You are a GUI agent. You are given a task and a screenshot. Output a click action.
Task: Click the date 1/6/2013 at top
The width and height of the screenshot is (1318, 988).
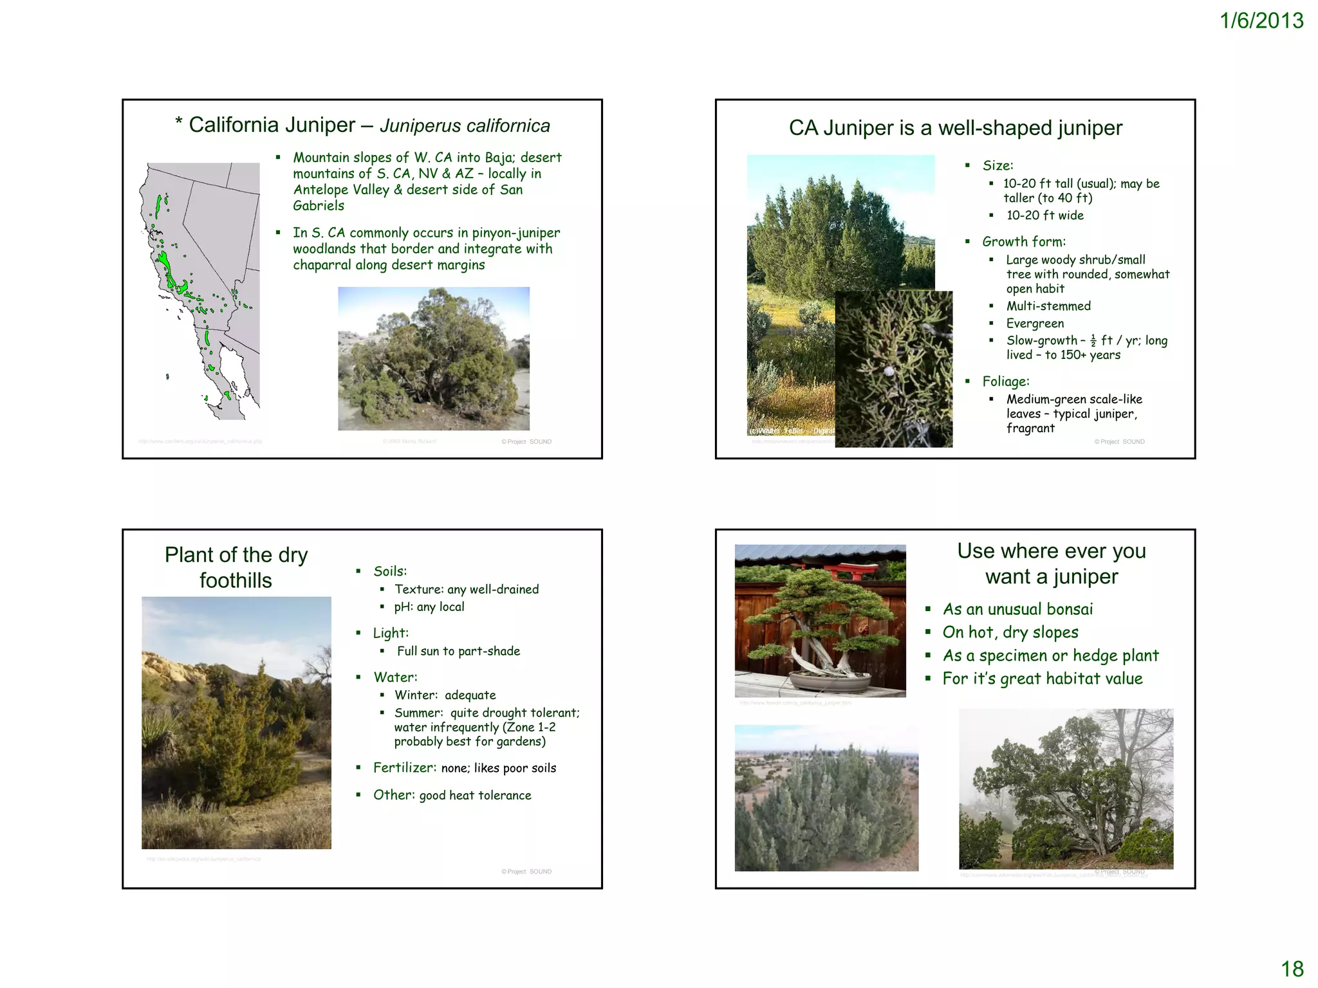pyautogui.click(x=1261, y=21)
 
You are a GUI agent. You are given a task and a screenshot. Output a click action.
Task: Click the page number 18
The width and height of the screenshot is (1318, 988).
pyautogui.click(x=1292, y=969)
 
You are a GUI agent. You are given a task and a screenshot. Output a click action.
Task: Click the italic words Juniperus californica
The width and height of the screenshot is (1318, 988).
pyautogui.click(x=465, y=125)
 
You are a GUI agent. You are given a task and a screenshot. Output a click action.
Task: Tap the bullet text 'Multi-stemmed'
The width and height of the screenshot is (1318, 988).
pyautogui.click(x=1048, y=306)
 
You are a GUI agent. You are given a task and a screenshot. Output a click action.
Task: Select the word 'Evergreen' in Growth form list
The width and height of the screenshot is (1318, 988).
pyautogui.click(x=1035, y=324)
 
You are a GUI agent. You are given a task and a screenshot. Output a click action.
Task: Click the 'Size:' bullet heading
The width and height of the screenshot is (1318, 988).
pyautogui.click(x=998, y=165)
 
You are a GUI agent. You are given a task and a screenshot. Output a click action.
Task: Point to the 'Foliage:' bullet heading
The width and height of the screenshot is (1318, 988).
pyautogui.click(x=1005, y=381)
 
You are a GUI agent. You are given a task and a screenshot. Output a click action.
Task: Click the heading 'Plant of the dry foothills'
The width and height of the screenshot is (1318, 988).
pyautogui.click(x=236, y=567)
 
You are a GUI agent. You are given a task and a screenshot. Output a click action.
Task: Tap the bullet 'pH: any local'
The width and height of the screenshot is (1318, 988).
pyautogui.click(x=429, y=607)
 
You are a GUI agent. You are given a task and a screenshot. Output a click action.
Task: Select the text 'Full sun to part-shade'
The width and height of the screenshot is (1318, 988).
pyautogui.click(x=458, y=651)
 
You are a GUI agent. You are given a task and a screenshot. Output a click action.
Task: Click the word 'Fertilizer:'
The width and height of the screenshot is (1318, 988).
pyautogui.click(x=405, y=767)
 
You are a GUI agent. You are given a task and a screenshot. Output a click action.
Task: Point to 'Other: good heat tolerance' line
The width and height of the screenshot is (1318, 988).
pyautogui.click(x=452, y=795)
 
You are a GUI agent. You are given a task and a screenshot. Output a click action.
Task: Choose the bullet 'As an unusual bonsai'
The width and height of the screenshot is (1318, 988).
pyautogui.click(x=1017, y=609)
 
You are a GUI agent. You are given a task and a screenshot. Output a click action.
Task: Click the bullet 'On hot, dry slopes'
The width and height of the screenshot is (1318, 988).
pyautogui.click(x=1010, y=632)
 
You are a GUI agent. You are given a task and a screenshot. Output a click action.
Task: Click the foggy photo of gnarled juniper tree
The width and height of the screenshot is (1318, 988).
pyautogui.click(x=1066, y=789)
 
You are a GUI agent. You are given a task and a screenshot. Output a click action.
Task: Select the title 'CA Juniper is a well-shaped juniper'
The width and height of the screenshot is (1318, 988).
pyautogui.click(x=956, y=128)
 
